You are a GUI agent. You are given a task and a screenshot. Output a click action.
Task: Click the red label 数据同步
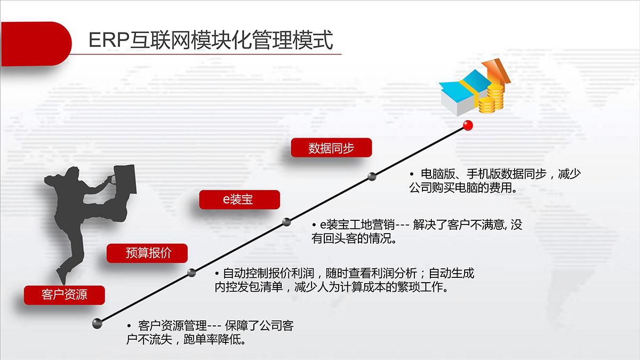pos(331,148)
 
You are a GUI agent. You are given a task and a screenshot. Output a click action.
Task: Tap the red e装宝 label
pos(239,199)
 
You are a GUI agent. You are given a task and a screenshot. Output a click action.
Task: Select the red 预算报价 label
pos(147,253)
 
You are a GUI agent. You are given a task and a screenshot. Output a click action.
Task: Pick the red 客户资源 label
pos(65,295)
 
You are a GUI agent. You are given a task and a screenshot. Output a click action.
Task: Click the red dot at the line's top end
pos(468,125)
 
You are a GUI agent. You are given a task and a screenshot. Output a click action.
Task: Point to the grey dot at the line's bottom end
pos(97,324)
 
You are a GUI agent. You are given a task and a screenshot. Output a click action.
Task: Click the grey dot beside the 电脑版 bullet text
pos(372,177)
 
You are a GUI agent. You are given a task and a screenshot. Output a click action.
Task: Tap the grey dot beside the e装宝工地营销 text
pos(286,222)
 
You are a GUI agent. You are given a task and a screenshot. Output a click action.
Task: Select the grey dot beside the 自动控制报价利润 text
pos(191,273)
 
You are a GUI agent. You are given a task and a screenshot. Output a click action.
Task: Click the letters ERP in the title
pos(109,40)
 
